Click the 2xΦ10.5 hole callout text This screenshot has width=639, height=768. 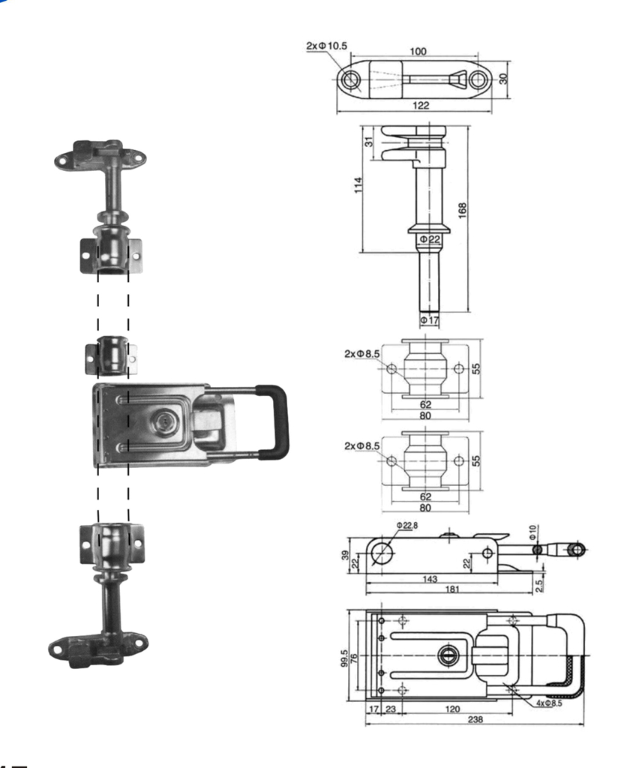(326, 46)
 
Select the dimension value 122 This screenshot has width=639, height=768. (421, 105)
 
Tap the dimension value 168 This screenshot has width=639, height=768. (462, 210)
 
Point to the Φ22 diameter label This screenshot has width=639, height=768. (430, 239)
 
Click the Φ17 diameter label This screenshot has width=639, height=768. (430, 320)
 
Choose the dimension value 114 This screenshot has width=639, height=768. (358, 185)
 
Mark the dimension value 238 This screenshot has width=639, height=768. (475, 719)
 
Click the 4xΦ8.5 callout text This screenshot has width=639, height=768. (549, 703)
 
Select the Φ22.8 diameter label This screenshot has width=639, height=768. (407, 526)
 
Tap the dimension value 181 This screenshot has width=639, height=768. (452, 589)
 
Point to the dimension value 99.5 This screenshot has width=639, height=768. (344, 658)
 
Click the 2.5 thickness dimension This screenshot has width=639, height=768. (538, 585)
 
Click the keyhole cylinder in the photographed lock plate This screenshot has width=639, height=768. (163, 421)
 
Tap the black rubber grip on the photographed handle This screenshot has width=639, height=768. (273, 421)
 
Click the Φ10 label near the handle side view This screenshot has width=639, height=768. (533, 532)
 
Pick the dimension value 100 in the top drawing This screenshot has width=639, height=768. (418, 51)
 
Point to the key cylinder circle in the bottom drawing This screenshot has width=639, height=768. (448, 655)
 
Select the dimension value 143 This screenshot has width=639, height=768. (430, 579)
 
